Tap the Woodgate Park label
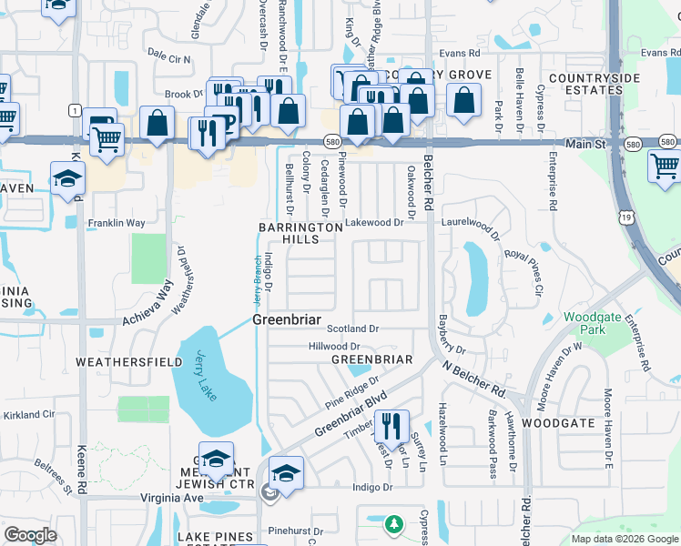(592, 323)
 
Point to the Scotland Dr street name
(352, 329)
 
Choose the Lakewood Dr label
(373, 222)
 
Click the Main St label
(586, 144)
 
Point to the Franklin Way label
(116, 223)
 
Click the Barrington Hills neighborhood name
(300, 233)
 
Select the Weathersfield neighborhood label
(118, 362)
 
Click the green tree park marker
(393, 524)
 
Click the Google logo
(30, 535)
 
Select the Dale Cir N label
(168, 59)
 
